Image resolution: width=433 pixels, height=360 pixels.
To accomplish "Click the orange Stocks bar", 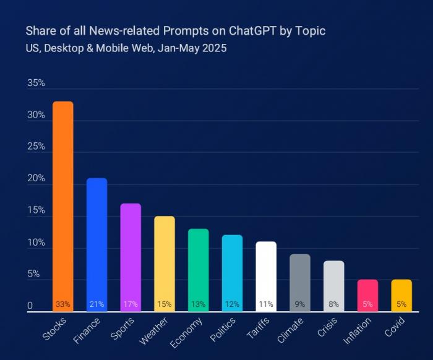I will [62, 204].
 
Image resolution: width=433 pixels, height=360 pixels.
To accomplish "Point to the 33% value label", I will [62, 304].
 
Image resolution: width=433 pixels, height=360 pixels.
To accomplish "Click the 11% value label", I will [266, 304].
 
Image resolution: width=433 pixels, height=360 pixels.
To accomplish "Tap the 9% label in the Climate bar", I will [300, 304].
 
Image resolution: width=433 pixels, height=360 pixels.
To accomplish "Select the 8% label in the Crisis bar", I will [333, 304].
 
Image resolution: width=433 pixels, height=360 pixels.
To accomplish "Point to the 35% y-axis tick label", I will [36, 84].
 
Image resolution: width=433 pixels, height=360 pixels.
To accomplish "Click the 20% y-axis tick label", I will [36, 179].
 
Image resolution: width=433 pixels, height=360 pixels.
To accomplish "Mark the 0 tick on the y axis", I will [30, 306].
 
